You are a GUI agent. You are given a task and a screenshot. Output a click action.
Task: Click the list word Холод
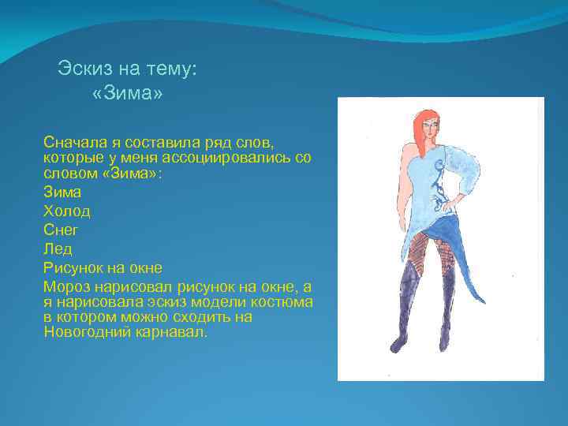(67, 211)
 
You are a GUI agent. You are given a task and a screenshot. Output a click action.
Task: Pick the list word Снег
(61, 230)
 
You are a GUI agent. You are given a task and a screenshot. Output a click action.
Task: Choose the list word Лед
(58, 248)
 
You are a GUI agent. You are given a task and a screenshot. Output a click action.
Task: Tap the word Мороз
(69, 286)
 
